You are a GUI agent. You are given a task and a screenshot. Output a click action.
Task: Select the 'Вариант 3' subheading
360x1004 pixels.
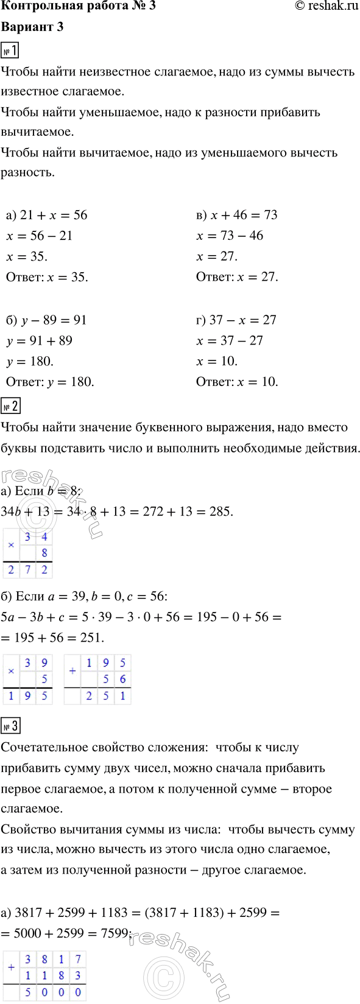32,27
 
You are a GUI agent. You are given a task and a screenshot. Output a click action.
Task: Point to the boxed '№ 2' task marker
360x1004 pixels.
11,406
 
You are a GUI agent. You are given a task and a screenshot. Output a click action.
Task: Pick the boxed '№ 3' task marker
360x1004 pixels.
11,726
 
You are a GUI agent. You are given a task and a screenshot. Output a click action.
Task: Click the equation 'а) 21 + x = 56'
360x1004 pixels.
47,215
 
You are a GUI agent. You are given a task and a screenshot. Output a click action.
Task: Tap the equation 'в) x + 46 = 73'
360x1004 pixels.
237,215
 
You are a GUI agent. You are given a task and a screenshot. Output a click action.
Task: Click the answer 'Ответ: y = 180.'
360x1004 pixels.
50,382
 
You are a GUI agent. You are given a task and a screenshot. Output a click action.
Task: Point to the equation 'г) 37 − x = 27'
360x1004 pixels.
236,320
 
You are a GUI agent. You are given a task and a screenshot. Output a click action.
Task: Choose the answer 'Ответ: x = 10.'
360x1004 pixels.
237,382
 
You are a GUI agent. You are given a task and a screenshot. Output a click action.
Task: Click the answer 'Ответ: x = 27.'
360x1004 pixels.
237,277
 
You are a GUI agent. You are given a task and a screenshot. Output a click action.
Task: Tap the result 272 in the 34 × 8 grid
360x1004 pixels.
28,570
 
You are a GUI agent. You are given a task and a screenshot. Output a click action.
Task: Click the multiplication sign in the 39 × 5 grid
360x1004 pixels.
11,671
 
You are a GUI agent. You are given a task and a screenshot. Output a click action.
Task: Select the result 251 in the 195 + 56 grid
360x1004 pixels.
106,696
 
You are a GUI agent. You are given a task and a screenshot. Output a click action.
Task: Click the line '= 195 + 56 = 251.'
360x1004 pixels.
53,637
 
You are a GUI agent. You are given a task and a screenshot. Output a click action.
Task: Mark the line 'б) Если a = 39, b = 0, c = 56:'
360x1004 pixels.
84,596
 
